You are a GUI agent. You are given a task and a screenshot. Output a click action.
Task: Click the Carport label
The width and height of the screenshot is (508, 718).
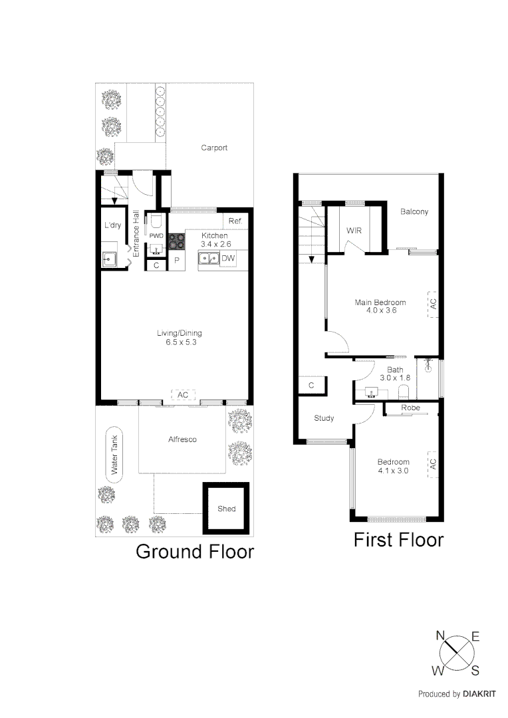214,148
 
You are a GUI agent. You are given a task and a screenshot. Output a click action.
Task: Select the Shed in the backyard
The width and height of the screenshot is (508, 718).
226,509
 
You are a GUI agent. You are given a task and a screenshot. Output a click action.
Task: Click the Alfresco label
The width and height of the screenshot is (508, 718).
182,439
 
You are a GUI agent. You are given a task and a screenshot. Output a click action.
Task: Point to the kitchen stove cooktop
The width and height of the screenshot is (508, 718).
176,241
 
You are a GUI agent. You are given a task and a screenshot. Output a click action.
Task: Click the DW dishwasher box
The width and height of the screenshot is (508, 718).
227,259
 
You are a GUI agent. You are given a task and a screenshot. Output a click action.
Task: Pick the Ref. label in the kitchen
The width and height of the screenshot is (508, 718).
235,221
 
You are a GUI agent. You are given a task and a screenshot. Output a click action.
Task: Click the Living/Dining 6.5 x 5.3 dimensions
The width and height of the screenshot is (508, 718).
180,342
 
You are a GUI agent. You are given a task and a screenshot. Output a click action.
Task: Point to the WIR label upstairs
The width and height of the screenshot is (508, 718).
354,230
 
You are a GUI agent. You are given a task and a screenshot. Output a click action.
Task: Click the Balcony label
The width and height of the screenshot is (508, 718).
414,212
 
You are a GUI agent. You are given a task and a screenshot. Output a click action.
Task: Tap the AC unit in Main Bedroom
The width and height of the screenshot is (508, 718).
433,303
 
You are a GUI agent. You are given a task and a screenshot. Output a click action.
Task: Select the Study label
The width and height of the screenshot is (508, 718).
324,418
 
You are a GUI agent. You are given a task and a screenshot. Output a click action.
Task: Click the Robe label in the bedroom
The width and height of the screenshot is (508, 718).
410,408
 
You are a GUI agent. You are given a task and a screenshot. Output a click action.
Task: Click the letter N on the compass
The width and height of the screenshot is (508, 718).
440,635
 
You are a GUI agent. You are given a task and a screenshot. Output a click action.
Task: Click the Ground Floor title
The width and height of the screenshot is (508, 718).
195,551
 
